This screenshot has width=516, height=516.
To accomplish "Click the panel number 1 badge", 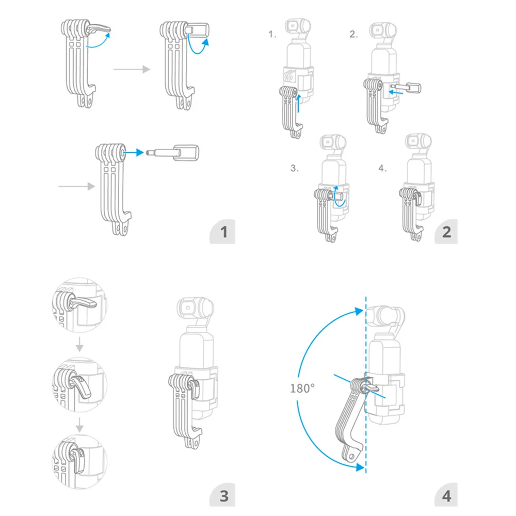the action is coord(223,232).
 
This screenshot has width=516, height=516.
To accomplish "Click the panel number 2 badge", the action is coord(446,232).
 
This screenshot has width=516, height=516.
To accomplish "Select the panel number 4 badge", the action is coord(446,495).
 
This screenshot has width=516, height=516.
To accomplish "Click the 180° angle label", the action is coord(302,389).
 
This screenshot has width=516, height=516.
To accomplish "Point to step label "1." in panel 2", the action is coord(272,34).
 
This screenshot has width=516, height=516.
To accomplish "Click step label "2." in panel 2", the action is coord(353,34).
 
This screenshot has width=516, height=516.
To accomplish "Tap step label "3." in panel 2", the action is coord(295,168).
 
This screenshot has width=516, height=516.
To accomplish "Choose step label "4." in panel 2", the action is coord(382,168).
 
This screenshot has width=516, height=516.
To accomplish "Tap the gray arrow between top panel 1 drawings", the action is coord(132,69).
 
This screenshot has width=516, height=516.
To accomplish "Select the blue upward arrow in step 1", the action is coord(298,103).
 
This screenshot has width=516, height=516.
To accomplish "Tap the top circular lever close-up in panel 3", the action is coord(79,305).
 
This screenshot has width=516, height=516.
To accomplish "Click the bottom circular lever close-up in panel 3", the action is coord(79,461).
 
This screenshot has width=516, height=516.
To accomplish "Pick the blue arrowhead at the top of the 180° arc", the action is coord(359,311).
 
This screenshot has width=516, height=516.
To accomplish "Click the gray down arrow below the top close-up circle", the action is coord(79,344).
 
